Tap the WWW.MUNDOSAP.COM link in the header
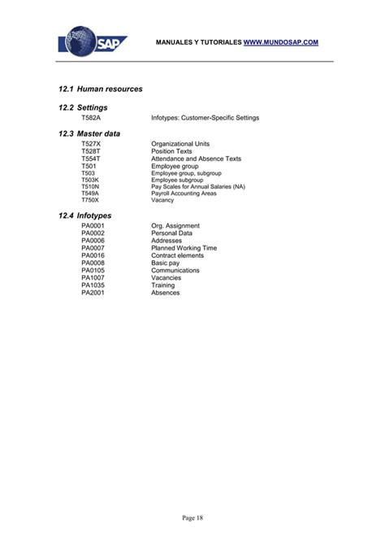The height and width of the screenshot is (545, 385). (x=281, y=41)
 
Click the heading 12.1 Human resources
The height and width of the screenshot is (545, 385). (x=101, y=88)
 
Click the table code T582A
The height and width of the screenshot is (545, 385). (x=91, y=118)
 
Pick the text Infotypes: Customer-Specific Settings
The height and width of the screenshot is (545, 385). (x=205, y=118)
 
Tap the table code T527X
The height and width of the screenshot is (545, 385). (x=91, y=144)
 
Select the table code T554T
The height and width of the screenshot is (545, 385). (x=91, y=159)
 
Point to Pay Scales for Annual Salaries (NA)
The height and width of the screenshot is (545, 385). (x=197, y=186)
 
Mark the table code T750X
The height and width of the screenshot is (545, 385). (x=89, y=200)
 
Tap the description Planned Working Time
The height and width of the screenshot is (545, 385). (x=184, y=248)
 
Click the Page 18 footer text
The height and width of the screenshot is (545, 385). (x=192, y=519)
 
